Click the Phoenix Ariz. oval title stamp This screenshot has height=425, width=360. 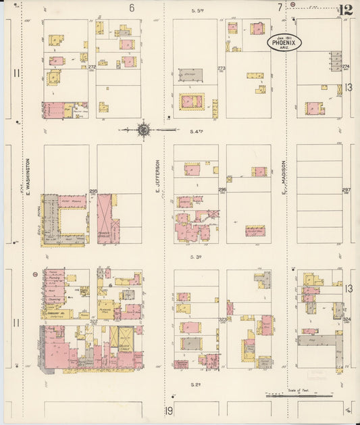click(x=283, y=43)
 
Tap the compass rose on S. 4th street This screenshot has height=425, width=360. click(x=143, y=128)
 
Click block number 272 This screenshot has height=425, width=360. click(x=92, y=67)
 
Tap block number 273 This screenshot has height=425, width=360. click(x=222, y=68)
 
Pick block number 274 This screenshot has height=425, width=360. click(x=345, y=67)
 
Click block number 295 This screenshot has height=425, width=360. click(x=93, y=191)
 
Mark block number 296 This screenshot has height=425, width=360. click(x=222, y=191)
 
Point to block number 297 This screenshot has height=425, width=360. click(x=346, y=191)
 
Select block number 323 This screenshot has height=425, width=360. click(x=223, y=320)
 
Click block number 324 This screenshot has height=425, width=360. click(x=346, y=319)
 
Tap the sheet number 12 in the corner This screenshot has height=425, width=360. click(x=345, y=10)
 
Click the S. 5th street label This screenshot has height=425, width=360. click(x=197, y=11)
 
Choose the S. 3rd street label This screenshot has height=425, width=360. click(x=197, y=257)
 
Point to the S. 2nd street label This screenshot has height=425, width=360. click(x=197, y=382)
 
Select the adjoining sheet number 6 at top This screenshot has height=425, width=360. click(x=132, y=7)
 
